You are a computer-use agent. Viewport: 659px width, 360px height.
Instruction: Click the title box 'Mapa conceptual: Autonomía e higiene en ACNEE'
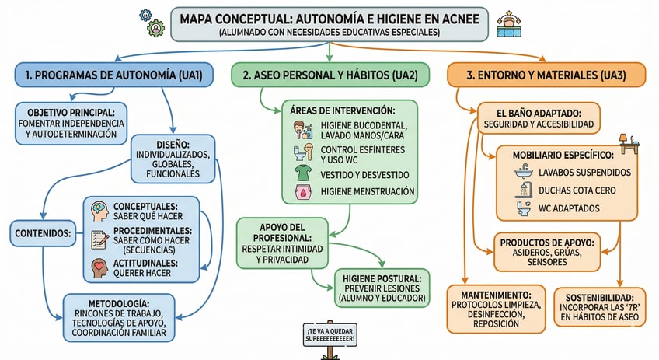pyautogui.click(x=329, y=23)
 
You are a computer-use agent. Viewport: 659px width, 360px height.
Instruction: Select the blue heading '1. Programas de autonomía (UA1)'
pyautogui.click(x=109, y=75)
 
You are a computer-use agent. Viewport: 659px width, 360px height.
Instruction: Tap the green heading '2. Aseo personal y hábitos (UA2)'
pyautogui.click(x=329, y=75)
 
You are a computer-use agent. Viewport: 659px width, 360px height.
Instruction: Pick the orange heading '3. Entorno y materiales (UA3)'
pyautogui.click(x=546, y=75)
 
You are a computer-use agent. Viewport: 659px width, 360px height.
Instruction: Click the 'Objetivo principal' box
pyautogui.click(x=71, y=124)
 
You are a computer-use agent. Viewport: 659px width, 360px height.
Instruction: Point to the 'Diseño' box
pyautogui.click(x=172, y=159)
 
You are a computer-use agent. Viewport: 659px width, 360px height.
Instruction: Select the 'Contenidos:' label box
pyautogui.click(x=42, y=232)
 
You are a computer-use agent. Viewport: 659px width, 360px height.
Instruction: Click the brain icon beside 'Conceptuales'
pyautogui.click(x=99, y=211)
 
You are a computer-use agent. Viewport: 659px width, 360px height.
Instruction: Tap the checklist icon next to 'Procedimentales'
pyautogui.click(x=99, y=239)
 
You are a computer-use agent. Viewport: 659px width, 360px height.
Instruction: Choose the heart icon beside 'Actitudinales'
pyautogui.click(x=99, y=267)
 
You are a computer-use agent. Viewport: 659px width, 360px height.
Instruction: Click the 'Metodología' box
pyautogui.click(x=119, y=317)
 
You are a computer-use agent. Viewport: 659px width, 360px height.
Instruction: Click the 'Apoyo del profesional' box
pyautogui.click(x=285, y=243)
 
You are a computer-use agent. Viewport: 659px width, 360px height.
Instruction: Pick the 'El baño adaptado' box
pyautogui.click(x=539, y=117)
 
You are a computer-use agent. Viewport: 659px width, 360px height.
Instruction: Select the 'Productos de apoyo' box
pyautogui.click(x=546, y=251)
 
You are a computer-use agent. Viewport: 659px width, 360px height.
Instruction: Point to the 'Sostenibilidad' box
pyautogui.click(x=599, y=307)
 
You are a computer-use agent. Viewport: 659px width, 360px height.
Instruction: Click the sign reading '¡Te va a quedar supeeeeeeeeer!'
pyautogui.click(x=331, y=335)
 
